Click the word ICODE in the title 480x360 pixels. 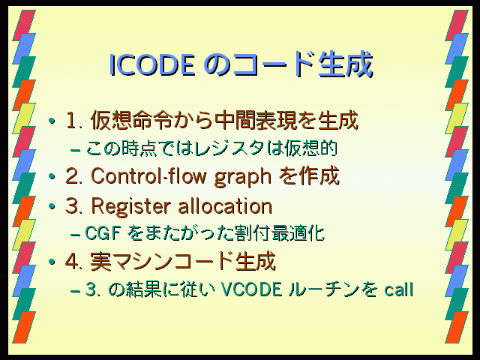151,64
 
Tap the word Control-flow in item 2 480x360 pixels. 148,177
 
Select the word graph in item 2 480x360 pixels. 242,178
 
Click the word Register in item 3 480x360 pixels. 130,207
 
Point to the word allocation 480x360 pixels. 225,205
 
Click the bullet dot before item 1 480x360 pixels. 52,121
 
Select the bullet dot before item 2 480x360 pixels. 52,177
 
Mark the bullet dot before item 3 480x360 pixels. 52,206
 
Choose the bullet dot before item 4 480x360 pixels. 52,262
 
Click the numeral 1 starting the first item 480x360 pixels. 70,121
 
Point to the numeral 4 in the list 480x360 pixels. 71,262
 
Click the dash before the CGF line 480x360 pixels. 75,235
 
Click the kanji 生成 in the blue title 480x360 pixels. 346,64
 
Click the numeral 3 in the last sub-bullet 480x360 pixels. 91,289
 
